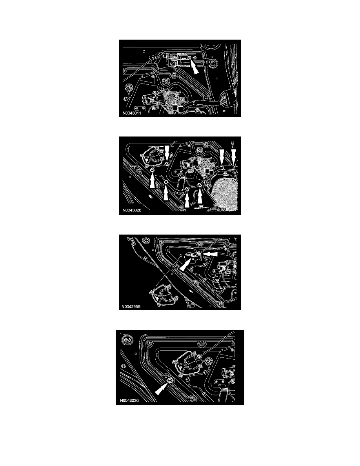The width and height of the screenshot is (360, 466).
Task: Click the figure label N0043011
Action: pyautogui.click(x=132, y=113)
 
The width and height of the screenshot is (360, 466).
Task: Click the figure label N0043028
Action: pyautogui.click(x=132, y=210)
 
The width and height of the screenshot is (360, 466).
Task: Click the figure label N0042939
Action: pyautogui.click(x=131, y=306)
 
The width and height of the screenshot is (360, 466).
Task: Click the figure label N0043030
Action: pyautogui.click(x=129, y=400)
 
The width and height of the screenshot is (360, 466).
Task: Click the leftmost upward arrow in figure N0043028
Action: pyautogui.click(x=153, y=180)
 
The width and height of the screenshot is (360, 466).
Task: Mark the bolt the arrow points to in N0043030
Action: pyautogui.click(x=170, y=380)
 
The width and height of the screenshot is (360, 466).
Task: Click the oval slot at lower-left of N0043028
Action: pyautogui.click(x=150, y=197)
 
